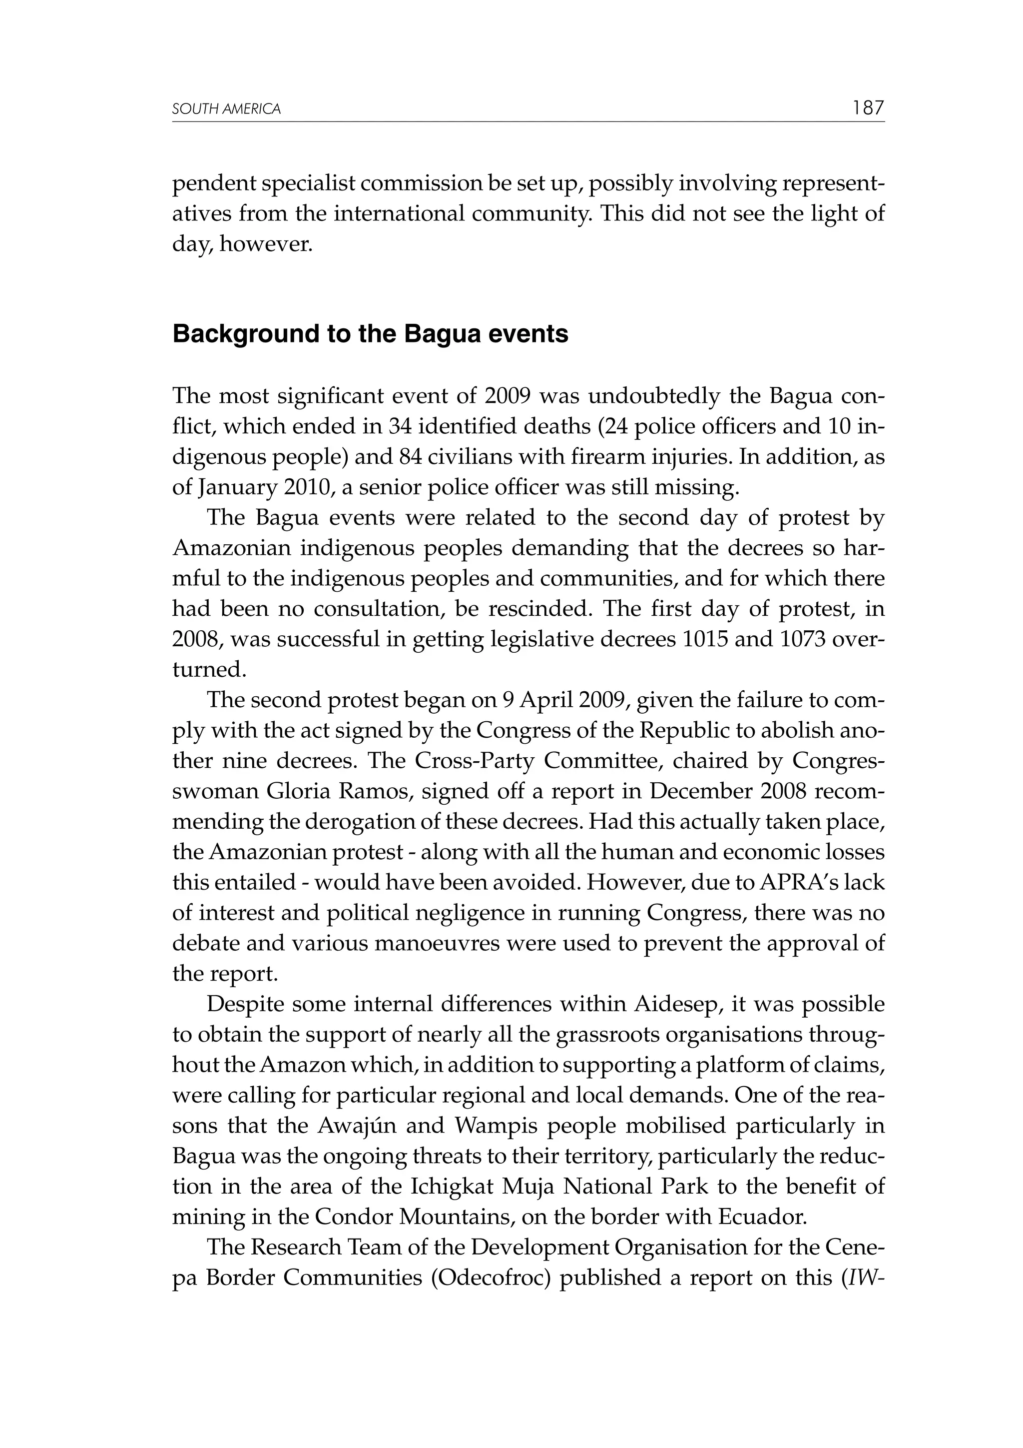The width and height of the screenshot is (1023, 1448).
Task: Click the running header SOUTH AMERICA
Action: click(226, 110)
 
